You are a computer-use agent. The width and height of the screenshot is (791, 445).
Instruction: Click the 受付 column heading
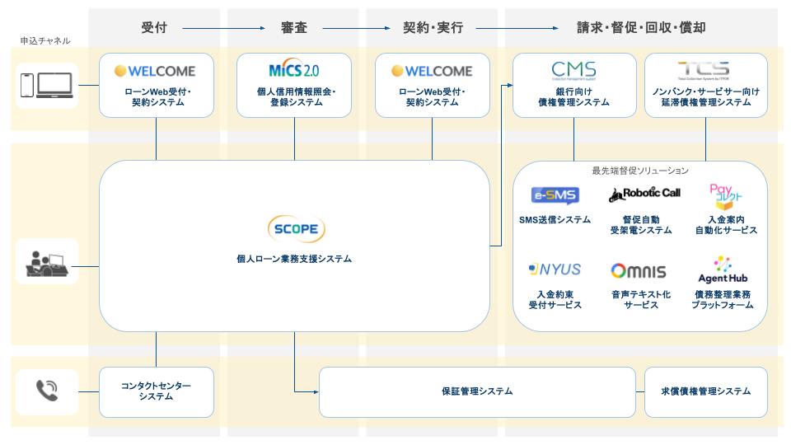pos(154,28)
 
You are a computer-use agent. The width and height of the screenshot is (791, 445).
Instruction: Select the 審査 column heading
pos(294,28)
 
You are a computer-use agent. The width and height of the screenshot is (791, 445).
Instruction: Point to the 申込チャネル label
pos(45,40)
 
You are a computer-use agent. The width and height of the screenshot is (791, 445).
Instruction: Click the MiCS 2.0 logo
pos(294,70)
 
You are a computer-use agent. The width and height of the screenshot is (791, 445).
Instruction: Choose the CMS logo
pos(573,70)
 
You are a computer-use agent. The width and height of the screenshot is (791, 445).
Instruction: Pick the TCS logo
pos(705,70)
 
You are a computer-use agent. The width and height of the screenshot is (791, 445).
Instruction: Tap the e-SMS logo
pos(555,196)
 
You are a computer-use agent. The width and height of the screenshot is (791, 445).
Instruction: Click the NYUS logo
pos(555,269)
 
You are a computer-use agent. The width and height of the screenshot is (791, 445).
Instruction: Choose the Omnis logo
pos(638,271)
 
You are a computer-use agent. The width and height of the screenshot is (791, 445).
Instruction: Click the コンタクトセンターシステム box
pos(156,391)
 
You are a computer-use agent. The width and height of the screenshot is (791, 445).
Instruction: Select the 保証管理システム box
pos(477,391)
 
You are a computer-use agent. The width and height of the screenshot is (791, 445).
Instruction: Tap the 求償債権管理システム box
pos(705,391)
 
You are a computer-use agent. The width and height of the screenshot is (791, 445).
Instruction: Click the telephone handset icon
pos(46,391)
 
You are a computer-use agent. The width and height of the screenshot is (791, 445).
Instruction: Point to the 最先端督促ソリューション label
pos(639,171)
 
